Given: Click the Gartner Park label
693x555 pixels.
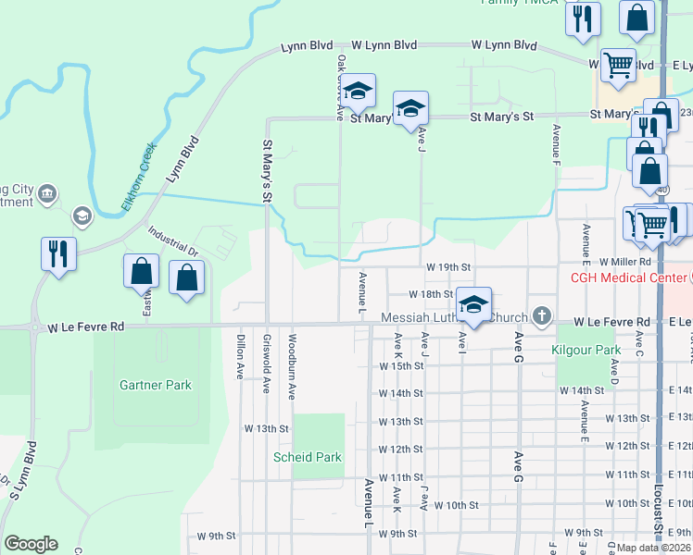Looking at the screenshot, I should point(156,385).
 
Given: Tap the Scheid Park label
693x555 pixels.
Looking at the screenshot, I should point(307,457).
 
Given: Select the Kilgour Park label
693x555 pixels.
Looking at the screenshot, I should point(585,351).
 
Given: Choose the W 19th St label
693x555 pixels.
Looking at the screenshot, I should point(449,266).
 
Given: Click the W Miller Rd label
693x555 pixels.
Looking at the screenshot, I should point(625,263).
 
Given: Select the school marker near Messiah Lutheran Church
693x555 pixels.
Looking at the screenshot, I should point(473,306).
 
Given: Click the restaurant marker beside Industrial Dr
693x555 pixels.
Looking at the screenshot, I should point(58,253).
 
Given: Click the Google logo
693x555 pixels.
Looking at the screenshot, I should point(31,544).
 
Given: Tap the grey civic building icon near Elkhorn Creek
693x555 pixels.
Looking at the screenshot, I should point(48,194).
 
